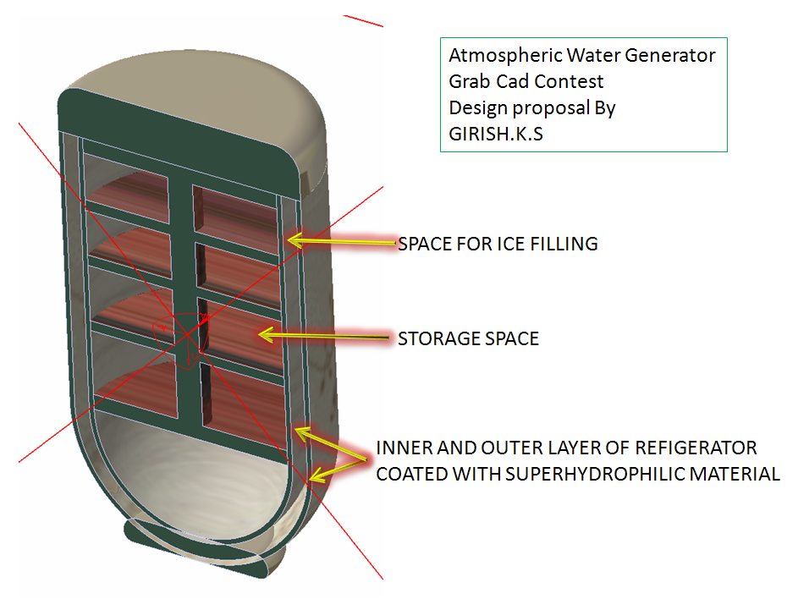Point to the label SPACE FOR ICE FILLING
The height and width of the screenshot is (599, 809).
[498, 245]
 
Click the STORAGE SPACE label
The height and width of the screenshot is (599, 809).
[468, 339]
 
